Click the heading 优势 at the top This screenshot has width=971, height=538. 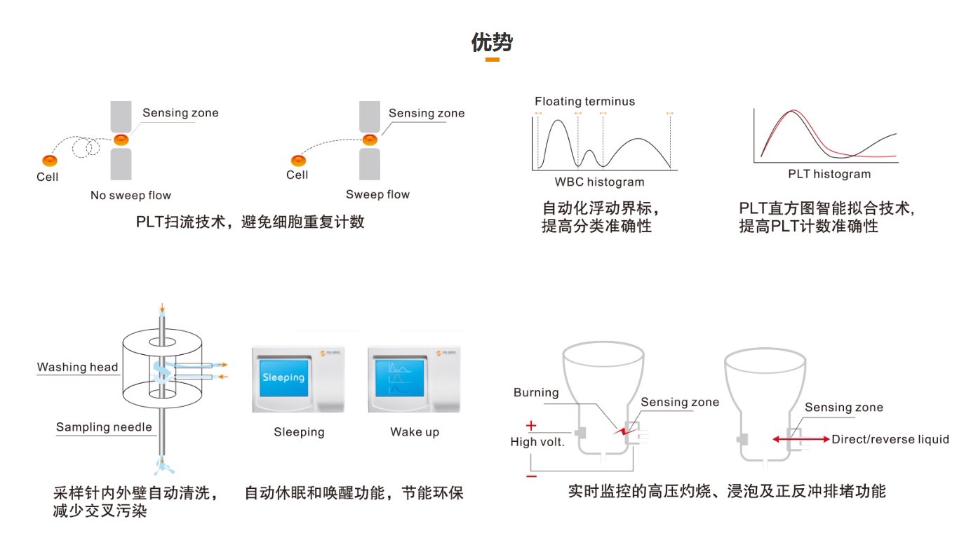pos(492,43)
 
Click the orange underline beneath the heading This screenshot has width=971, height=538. pos(492,60)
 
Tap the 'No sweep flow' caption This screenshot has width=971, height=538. pos(130,196)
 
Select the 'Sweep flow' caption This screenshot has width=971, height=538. pos(377,195)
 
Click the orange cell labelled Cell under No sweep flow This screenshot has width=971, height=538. pos(50,161)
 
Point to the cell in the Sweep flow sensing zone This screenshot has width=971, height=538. pos(370,140)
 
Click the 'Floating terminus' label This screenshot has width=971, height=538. pos(584,102)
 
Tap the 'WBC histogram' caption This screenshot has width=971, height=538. pos(599,182)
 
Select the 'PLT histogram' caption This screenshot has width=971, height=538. pos(829,174)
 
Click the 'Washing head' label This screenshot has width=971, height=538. pos(77,367)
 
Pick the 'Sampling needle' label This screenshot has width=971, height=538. pos(104,427)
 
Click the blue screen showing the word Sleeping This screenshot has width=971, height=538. pos(283,377)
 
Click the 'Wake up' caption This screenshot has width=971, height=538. pos(415,432)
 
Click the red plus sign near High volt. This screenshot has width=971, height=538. pos(531,425)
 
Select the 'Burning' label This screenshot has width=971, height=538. pos(536,393)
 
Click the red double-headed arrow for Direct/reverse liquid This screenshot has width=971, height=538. pos(801,440)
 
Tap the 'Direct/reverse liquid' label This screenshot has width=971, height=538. pos(890,440)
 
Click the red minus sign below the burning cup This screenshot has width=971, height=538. pos(531,476)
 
